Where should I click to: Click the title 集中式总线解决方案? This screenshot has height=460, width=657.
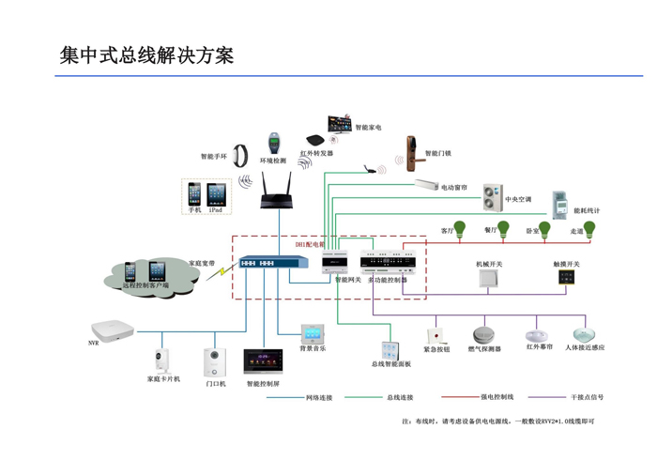point(146,55)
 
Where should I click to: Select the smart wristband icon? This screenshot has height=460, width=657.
point(240,154)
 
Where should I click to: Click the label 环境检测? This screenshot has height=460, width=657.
point(273,161)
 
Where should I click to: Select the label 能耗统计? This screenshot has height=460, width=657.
point(587,211)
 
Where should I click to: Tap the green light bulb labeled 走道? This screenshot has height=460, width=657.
point(590,227)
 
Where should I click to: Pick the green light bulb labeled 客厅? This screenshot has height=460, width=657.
point(460,227)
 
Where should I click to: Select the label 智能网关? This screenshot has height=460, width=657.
point(347,280)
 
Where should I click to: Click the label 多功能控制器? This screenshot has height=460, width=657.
point(388,280)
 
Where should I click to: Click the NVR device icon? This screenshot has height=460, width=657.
point(114,330)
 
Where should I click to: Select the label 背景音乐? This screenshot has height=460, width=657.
point(313,349)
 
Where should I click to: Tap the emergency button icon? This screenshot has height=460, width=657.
point(434,335)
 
